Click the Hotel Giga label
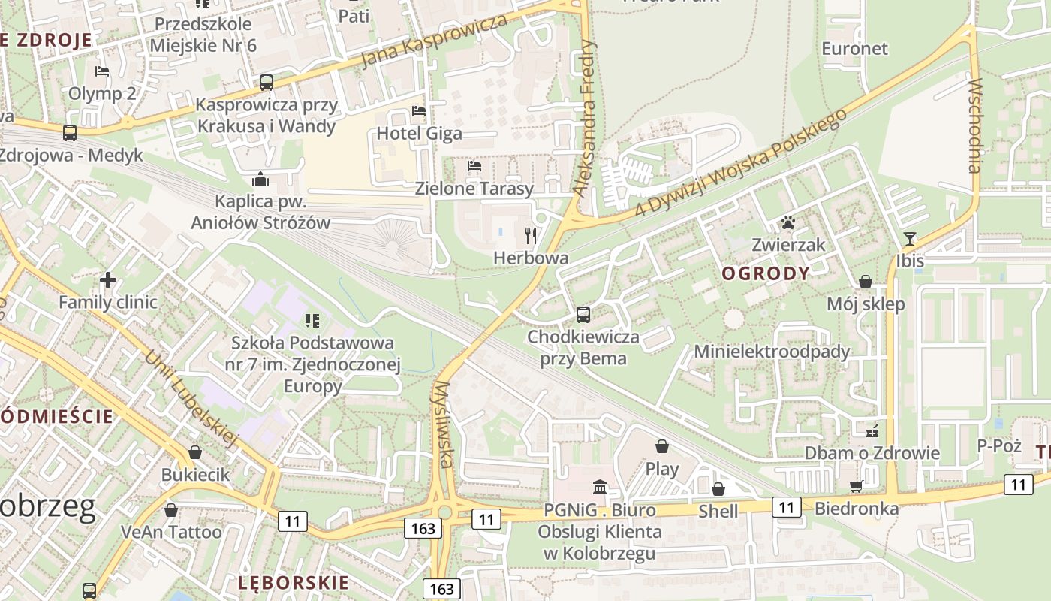click(x=419, y=134)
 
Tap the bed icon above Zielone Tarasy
click(x=474, y=166)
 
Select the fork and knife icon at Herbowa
click(x=532, y=236)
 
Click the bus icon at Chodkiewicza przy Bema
click(x=583, y=315)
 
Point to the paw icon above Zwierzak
click(x=788, y=222)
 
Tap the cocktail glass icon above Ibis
click(x=910, y=239)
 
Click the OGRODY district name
click(x=766, y=273)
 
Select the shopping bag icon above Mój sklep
click(x=866, y=282)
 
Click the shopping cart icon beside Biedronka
click(x=856, y=486)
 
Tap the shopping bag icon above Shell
click(x=718, y=489)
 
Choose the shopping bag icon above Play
click(x=662, y=446)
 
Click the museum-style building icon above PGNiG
click(x=599, y=487)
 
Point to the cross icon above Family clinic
click(x=108, y=280)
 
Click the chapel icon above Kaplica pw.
click(x=260, y=179)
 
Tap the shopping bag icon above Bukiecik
click(x=195, y=452)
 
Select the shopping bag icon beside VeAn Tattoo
click(x=171, y=510)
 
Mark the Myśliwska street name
click(x=443, y=424)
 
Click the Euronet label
click(x=854, y=49)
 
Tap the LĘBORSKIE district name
click(x=294, y=582)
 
